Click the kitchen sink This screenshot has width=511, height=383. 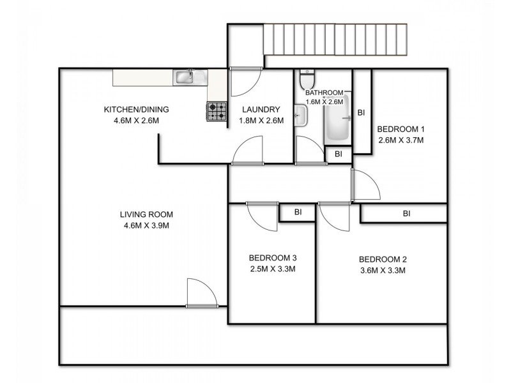(x=186, y=77)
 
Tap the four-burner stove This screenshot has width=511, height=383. (x=216, y=112)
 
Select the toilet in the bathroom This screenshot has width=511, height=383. (x=307, y=80)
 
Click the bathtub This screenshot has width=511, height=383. (x=337, y=121)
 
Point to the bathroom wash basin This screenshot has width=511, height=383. (x=300, y=117)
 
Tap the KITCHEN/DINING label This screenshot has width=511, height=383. (x=136, y=109)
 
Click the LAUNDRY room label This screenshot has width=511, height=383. (x=260, y=109)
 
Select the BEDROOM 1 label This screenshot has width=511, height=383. (x=400, y=127)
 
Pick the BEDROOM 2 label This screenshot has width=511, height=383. (x=383, y=259)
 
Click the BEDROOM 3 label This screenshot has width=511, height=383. (x=273, y=258)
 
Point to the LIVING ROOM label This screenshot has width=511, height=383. (x=146, y=214)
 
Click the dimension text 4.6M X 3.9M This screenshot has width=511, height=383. (x=146, y=225)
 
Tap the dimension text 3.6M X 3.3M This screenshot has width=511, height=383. (x=383, y=270)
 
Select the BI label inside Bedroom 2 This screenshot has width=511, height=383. (x=406, y=213)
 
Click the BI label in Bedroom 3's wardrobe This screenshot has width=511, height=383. (x=298, y=212)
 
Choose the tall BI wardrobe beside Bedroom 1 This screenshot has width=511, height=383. (x=362, y=112)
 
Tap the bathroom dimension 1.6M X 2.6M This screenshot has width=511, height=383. (x=324, y=101)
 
